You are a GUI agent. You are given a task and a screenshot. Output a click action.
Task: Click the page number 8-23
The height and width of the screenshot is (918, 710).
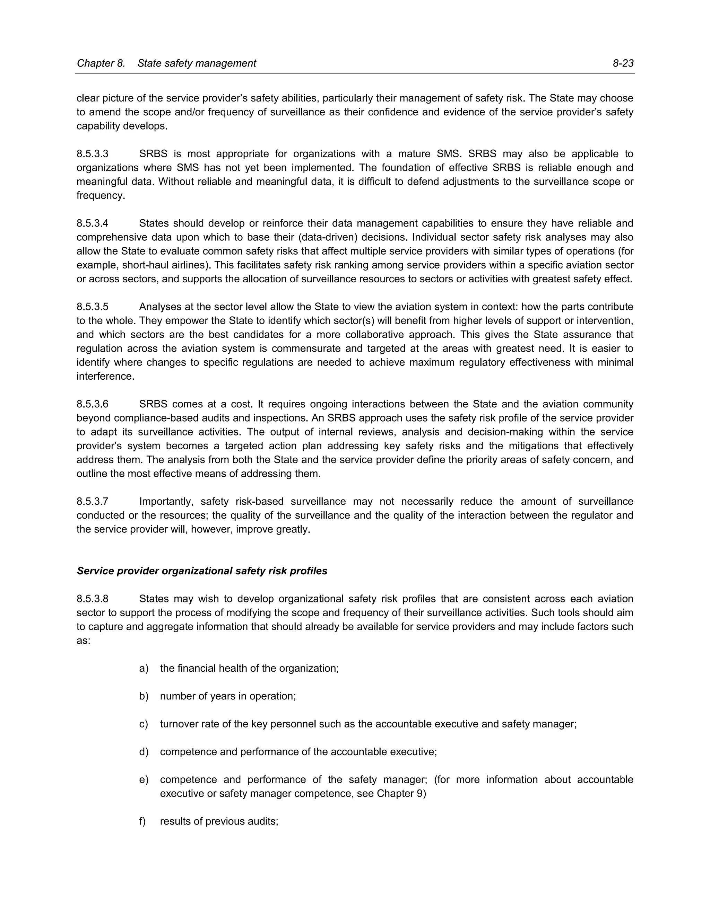[x=623, y=63]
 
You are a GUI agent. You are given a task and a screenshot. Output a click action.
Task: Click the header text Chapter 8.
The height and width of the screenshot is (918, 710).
[x=101, y=63]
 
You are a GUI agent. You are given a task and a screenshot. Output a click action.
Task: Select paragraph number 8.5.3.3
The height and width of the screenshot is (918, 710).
[x=93, y=154]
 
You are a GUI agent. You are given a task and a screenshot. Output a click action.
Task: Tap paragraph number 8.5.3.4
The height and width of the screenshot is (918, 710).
[x=93, y=223]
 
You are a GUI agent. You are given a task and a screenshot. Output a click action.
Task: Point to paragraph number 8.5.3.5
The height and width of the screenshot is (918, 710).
[x=93, y=307]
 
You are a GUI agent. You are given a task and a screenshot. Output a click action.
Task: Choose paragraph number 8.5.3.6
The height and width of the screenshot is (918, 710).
[x=93, y=404]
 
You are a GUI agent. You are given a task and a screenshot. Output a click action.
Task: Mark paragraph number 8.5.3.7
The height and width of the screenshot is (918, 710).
[x=93, y=502]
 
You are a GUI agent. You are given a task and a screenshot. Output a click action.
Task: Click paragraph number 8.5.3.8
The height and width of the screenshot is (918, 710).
[x=93, y=599]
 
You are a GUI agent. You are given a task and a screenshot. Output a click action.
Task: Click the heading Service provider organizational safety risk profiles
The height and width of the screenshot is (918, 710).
[x=202, y=571]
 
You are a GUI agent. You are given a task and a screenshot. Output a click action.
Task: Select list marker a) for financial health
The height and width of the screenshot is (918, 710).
[x=144, y=668]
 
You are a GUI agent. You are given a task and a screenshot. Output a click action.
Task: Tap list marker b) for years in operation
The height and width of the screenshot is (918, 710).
[x=144, y=696]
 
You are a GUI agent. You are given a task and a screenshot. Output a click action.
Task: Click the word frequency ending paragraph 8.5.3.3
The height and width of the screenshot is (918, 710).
[x=101, y=196]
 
